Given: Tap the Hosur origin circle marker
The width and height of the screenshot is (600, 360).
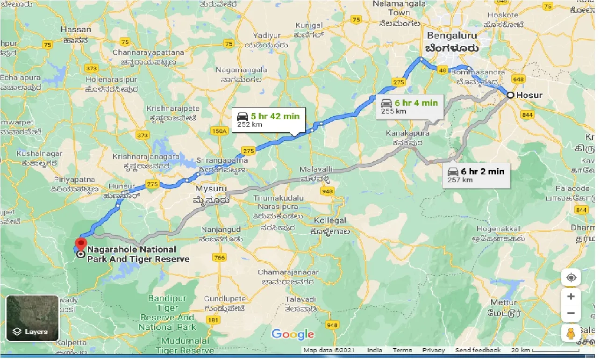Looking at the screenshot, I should coord(511,95).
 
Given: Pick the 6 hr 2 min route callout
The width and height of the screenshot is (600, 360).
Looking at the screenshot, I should coord(476,175).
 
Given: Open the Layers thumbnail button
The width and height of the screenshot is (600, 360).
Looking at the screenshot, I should coord(32,318).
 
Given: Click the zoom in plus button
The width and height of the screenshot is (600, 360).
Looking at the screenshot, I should coord(571,296).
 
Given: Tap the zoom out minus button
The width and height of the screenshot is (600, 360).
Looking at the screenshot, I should coord(571,314).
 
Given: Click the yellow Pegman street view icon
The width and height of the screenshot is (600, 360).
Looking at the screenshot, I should coord(571,333).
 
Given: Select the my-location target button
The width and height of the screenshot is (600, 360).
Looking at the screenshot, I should coord(571,277).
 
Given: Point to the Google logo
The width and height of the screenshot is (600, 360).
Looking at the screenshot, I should coord(293,334).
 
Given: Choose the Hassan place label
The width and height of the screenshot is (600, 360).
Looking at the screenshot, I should coord(76,29).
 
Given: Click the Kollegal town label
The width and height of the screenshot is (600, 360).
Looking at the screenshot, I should coord(330,220).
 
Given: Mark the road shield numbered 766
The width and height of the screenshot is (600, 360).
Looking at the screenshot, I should coord(219,258).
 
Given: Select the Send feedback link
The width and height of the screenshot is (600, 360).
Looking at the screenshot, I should coord(478,350).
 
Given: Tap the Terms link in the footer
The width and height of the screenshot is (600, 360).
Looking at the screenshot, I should coord(402,350).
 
